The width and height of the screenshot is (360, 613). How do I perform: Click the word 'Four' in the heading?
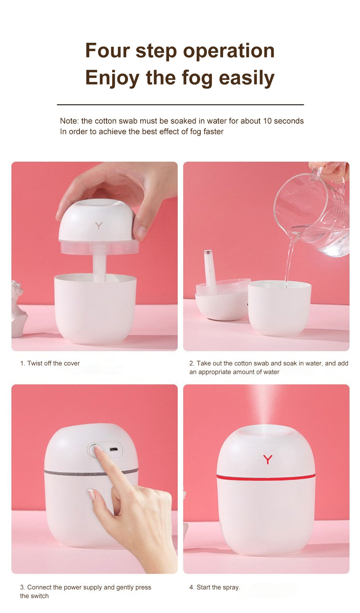107,50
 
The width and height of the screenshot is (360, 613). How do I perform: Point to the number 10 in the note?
267,121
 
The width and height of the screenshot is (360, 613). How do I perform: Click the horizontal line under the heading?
180,105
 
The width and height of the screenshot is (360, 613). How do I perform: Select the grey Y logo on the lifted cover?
99,226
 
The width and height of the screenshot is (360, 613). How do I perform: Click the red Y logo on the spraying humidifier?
268,459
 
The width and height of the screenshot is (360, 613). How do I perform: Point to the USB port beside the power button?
113,450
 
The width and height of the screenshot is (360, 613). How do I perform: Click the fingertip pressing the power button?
98,448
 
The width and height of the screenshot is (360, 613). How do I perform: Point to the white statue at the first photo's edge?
18,309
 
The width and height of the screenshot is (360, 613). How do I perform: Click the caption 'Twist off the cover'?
53,363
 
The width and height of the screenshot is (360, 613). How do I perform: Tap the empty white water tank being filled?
279,309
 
